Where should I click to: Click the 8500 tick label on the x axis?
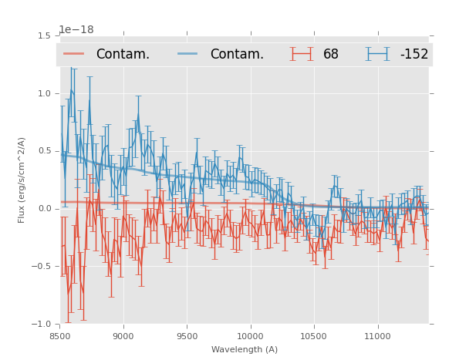60,336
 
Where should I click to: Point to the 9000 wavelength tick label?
123,336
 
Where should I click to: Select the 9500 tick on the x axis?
187,336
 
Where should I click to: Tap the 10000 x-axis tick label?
250,336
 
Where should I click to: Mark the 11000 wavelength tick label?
377,336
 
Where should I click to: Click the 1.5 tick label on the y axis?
44,35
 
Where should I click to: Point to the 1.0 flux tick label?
44,93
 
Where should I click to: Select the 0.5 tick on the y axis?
44,151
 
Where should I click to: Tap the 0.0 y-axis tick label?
44,209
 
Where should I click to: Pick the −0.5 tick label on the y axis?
42,267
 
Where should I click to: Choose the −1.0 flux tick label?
42,325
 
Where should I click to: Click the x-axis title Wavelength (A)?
245,349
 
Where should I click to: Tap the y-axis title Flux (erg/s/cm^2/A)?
22,180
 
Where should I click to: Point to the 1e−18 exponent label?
76,30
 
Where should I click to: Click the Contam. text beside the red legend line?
123,55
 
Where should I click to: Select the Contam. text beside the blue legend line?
237,55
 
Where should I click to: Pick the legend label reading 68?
331,55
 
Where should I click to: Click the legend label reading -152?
414,55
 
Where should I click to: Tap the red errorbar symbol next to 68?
302,54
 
